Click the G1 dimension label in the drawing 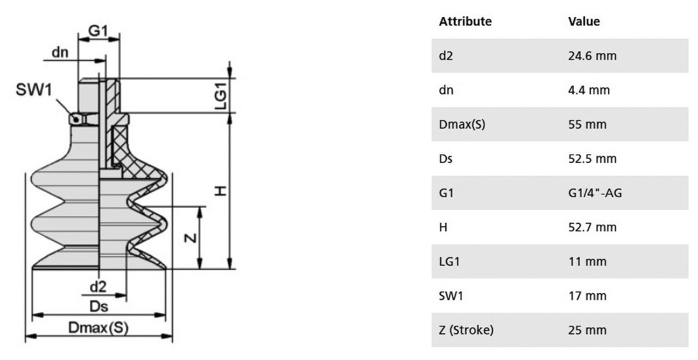(98, 31)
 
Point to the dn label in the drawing (60, 52)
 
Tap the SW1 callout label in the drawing (34, 89)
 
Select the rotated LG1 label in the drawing (221, 95)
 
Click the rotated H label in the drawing (221, 191)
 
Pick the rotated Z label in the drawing (190, 238)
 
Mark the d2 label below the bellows (98, 287)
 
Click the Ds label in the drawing (98, 307)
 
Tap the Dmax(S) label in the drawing (98, 328)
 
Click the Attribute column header (465, 22)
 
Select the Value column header (584, 22)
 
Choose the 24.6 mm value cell (592, 56)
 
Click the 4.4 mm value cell (589, 90)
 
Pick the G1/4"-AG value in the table (595, 193)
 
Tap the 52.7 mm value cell (592, 227)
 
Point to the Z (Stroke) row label (466, 330)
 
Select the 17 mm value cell (587, 296)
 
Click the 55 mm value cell (587, 124)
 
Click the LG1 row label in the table (449, 261)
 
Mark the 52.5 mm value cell (592, 158)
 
